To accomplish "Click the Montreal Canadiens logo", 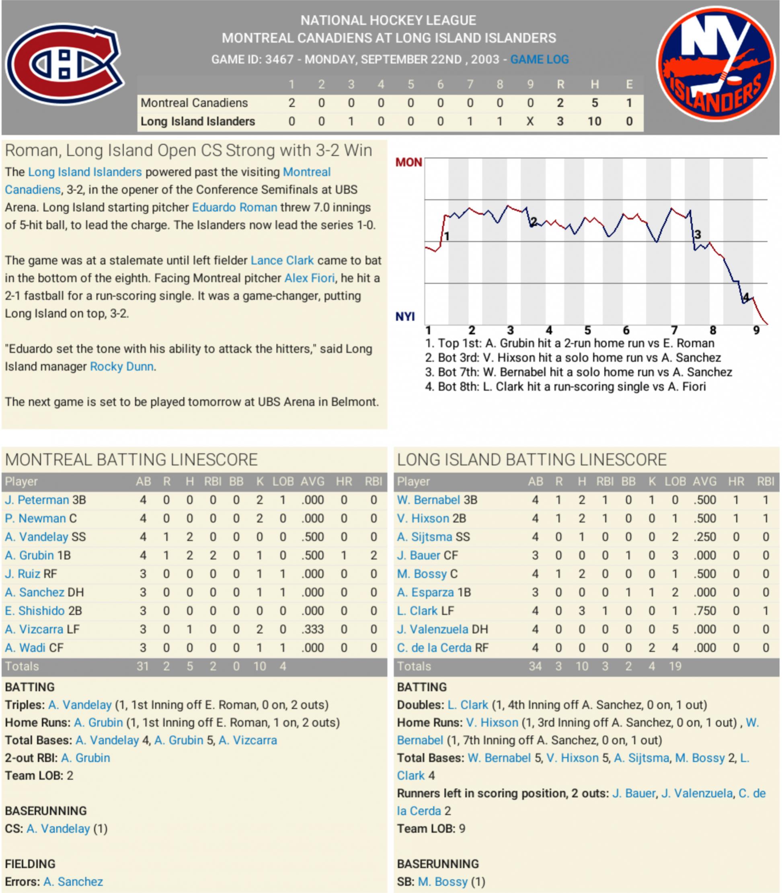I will click(65, 65).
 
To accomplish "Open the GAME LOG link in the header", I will click(540, 60).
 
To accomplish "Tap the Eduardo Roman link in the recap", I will click(234, 207).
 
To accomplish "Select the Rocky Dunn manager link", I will click(121, 366).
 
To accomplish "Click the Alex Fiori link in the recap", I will click(310, 278).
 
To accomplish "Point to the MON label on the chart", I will click(408, 162).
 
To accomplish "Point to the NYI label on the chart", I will click(405, 316).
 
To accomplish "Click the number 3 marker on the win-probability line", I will click(697, 235).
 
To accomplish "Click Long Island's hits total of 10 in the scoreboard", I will click(594, 121).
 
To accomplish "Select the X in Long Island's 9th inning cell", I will click(530, 121).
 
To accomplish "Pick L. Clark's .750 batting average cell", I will click(704, 611).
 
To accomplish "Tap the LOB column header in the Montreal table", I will click(283, 481).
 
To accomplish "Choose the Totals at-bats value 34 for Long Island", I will click(535, 666).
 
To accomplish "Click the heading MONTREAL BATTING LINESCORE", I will click(131, 460).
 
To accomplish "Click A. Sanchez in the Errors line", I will click(73, 882).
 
